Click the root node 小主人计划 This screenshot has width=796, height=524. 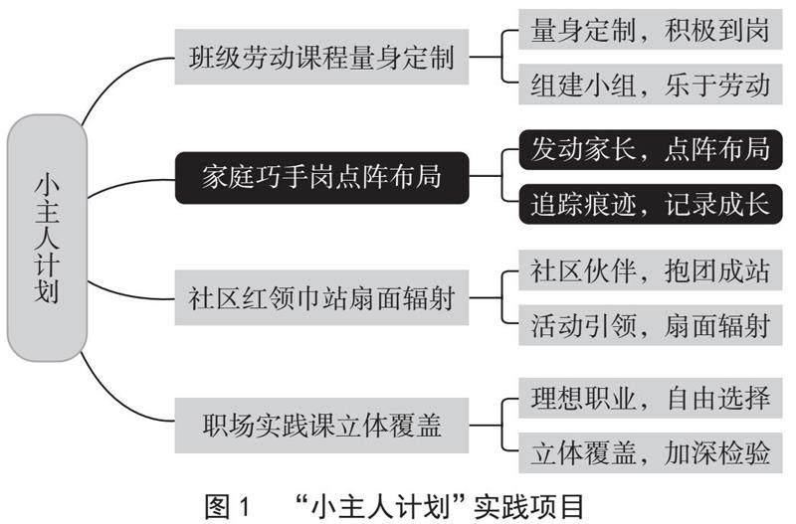(46, 238)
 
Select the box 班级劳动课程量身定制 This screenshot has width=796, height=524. (320, 58)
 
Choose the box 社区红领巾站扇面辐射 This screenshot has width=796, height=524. (320, 298)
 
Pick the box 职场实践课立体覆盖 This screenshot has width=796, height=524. (320, 428)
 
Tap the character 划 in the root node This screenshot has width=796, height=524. (46, 293)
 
